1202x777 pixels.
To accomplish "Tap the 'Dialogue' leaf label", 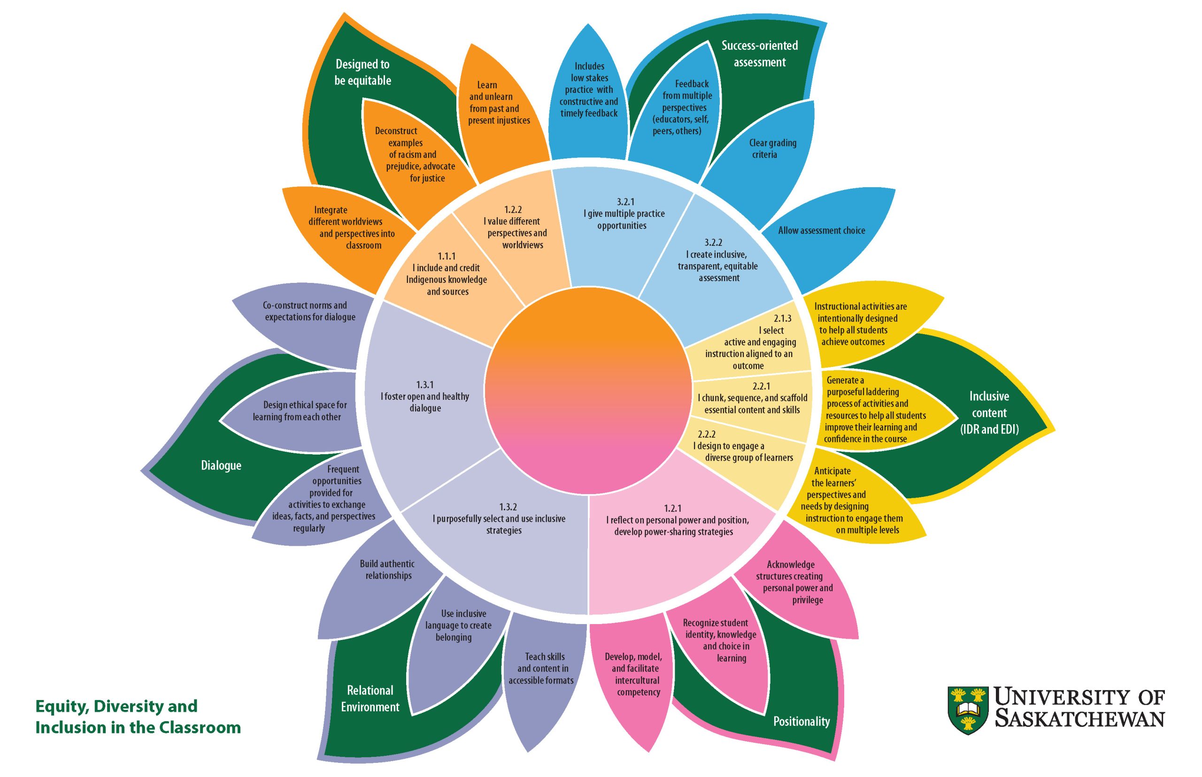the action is pos(221,465).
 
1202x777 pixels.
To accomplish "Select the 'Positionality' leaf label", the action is pos(801,722).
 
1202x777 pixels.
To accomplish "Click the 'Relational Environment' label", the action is pos(370,698).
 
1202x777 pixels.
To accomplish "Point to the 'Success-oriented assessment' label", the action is pos(760,53).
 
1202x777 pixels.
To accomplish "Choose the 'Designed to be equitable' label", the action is pos(362,72).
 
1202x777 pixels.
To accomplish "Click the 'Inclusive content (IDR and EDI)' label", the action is pos(989,413).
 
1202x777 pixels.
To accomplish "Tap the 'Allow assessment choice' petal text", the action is pos(821,230).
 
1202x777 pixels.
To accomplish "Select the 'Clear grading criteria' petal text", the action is pos(772,149).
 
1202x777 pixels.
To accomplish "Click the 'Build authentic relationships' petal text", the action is pos(388,570).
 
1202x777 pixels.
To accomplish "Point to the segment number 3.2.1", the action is pos(625,202).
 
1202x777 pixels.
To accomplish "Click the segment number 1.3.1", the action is pos(424,385).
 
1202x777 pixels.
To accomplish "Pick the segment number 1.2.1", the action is pos(673,509).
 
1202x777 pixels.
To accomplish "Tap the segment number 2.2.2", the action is pos(707,434).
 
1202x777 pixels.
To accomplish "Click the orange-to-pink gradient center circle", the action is pos(588,390).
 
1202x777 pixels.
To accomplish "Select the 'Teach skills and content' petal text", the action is pos(541,669).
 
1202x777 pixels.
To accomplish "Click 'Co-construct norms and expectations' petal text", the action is pos(309,311).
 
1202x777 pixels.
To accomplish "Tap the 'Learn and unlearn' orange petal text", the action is pos(499,103).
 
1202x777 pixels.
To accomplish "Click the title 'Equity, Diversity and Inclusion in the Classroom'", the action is pos(138,717).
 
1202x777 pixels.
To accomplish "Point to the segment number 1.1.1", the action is pos(447,256).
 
